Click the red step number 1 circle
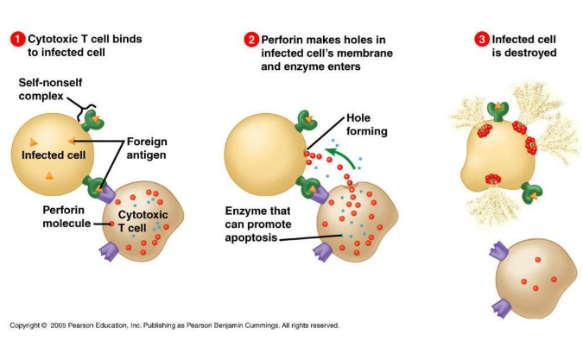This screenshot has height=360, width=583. click(17, 40)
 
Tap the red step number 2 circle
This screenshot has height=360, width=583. click(251, 40)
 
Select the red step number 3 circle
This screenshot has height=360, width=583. click(482, 40)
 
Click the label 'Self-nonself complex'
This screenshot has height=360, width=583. click(50, 89)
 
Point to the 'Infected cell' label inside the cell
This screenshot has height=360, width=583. click(54, 155)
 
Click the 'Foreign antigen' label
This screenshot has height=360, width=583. click(147, 148)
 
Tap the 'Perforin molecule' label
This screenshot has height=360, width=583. click(67, 217)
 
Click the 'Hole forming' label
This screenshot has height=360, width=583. click(367, 124)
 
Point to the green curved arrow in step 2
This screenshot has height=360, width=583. click(344, 155)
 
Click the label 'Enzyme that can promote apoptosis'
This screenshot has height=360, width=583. click(258, 224)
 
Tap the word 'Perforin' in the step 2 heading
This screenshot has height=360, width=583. click(281, 40)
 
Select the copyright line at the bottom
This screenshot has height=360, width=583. click(174, 325)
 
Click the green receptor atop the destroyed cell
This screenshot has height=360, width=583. click(497, 111)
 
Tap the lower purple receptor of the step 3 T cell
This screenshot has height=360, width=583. click(502, 308)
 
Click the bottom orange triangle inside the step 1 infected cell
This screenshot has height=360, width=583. click(49, 176)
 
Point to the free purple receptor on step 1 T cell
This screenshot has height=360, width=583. click(110, 251)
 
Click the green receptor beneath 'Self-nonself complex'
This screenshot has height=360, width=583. click(92, 120)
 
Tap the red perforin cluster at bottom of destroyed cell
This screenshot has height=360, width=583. click(493, 180)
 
